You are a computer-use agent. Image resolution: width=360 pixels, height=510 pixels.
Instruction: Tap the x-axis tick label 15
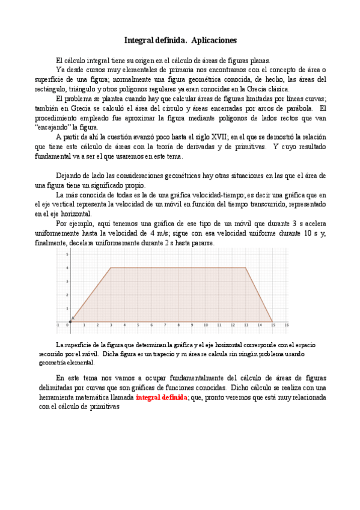[272, 325]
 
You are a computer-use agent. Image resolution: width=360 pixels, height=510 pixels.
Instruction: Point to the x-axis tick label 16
[286, 325]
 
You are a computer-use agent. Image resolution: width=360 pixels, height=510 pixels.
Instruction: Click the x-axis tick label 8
[178, 325]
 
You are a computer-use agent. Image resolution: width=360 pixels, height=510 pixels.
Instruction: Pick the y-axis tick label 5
[66, 254]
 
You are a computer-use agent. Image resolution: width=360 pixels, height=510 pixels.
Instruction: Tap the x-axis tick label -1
[58, 325]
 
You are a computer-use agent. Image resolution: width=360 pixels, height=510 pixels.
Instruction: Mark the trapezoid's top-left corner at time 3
[111, 268]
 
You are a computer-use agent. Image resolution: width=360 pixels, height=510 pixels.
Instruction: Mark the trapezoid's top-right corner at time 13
[246, 268]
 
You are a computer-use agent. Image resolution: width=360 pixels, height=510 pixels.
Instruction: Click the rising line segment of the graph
[91, 295]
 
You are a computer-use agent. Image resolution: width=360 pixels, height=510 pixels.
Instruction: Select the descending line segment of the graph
[259, 295]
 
